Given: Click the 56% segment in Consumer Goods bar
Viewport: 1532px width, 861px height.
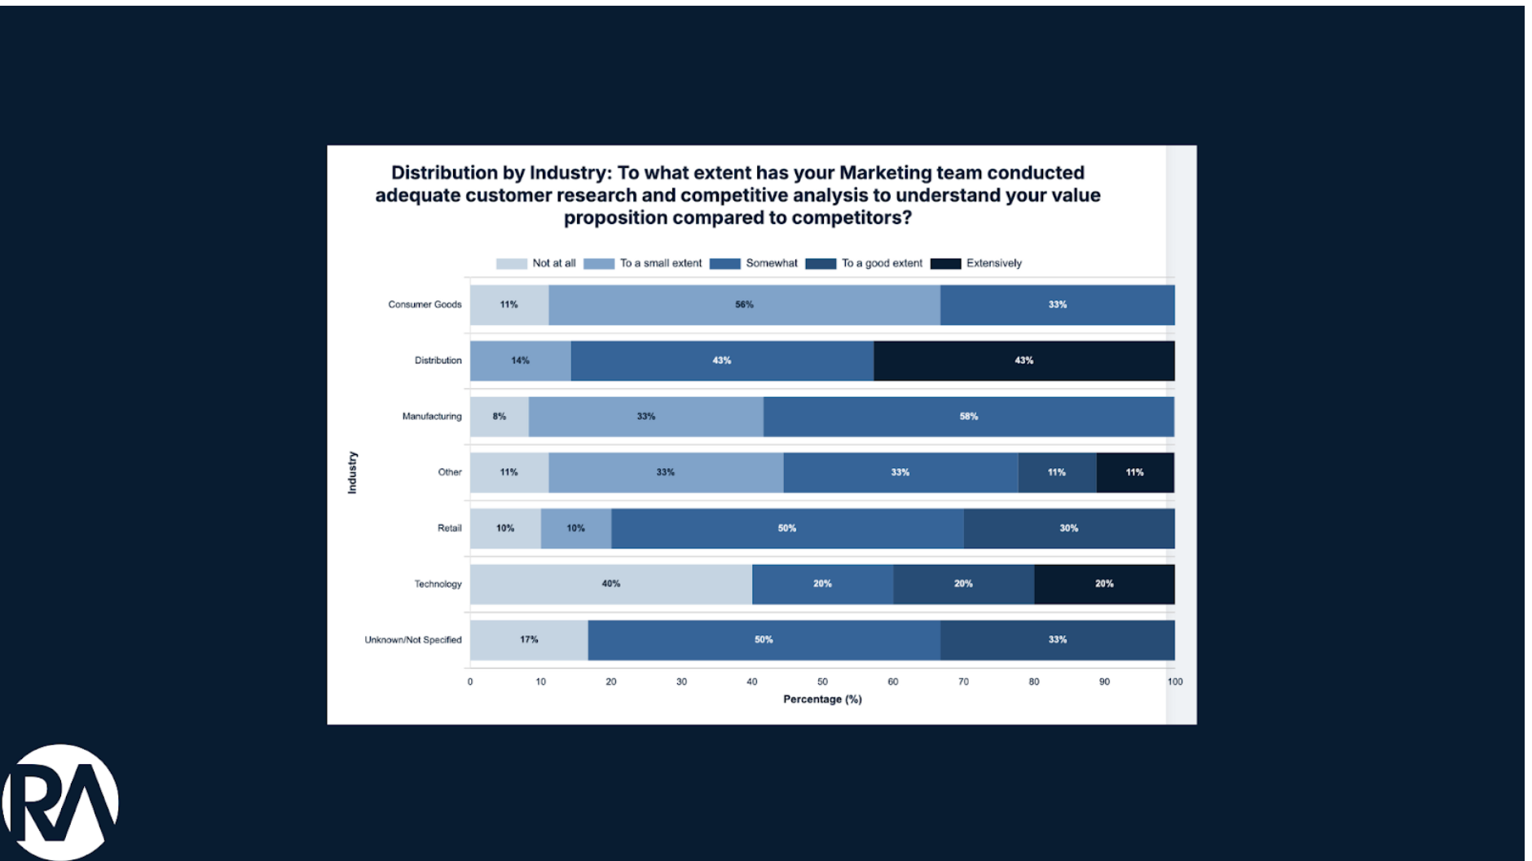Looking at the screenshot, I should tap(744, 305).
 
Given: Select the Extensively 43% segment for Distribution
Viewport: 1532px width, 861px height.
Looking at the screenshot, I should tap(1024, 360).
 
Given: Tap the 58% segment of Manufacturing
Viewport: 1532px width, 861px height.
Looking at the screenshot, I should tap(968, 417).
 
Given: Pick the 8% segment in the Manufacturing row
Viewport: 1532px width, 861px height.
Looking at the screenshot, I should tap(500, 417).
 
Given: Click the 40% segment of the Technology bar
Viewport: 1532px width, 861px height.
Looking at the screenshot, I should tap(610, 584).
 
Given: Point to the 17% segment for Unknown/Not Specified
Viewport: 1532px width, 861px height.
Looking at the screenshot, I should tap(529, 640).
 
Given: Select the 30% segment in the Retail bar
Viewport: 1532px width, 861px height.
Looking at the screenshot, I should tap(1068, 528).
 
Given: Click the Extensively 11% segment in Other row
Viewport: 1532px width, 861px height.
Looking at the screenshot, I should tap(1134, 472).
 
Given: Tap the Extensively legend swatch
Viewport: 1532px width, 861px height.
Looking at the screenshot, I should tap(945, 263).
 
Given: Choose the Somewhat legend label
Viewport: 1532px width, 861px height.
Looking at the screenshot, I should tap(771, 263).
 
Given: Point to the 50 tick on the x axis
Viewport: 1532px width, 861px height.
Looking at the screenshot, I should tap(822, 682).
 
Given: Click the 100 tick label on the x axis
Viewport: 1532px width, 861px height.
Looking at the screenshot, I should tap(1174, 682).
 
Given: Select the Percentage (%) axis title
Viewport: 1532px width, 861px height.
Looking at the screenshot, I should tap(822, 700).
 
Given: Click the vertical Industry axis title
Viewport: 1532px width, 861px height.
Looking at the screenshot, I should tap(352, 472).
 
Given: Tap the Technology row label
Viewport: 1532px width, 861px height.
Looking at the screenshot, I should tap(438, 584).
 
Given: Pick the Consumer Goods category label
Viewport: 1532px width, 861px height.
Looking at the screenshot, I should tap(425, 305).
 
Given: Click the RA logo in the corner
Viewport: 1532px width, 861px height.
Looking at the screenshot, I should tap(60, 802).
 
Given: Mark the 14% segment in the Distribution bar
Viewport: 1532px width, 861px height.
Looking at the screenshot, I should tap(520, 360).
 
